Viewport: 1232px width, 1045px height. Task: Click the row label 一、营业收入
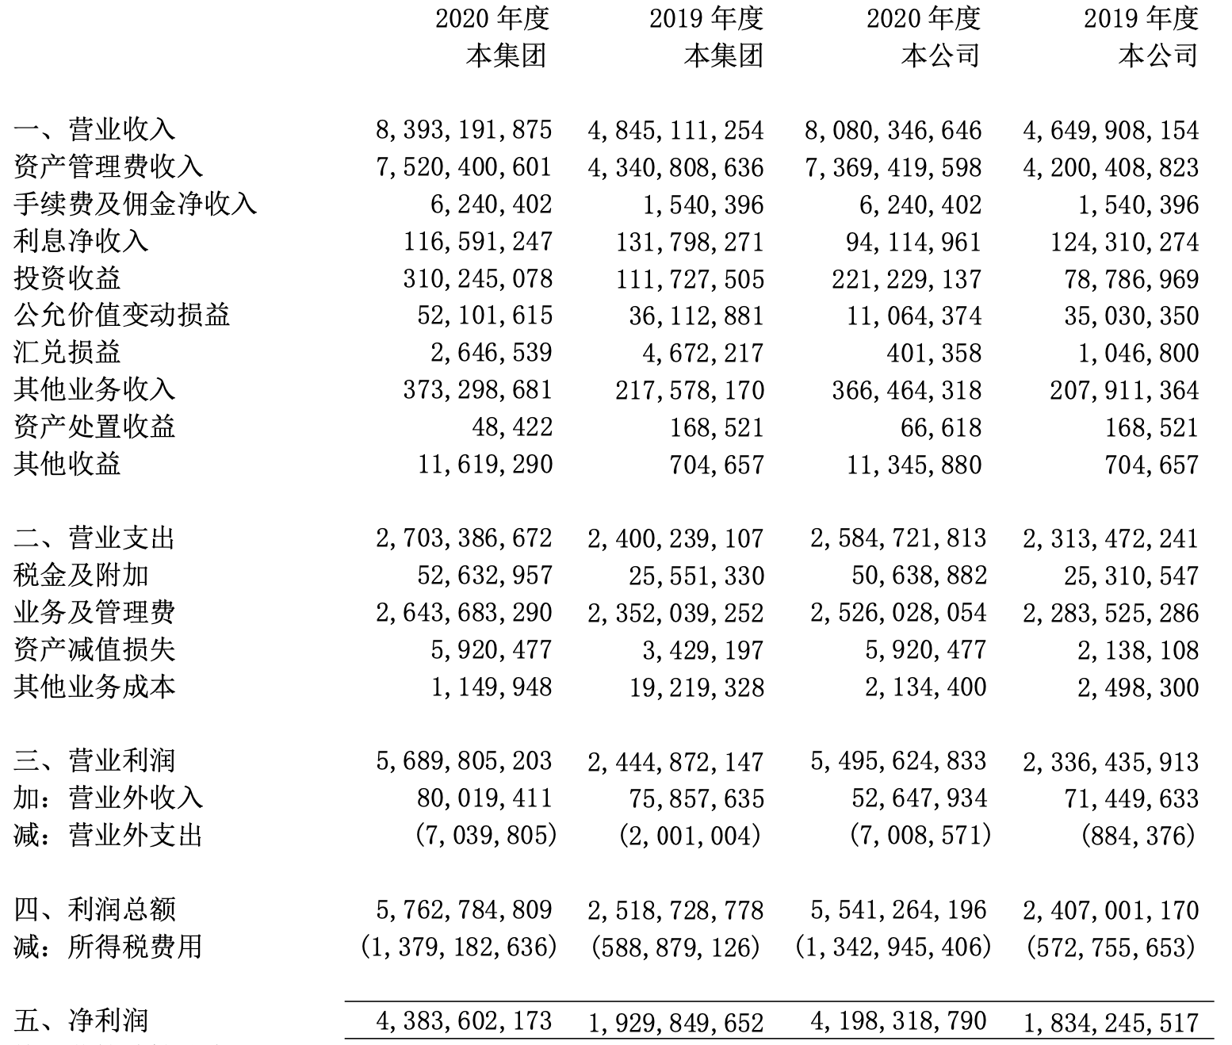pos(94,129)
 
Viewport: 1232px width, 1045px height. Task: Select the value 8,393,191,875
pos(464,130)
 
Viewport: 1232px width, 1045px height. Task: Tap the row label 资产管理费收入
pos(108,167)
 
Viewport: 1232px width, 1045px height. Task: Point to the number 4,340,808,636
pos(675,167)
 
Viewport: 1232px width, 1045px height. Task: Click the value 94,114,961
pos(913,242)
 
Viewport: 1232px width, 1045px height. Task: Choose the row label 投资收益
pos(67,278)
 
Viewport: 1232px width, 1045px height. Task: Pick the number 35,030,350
pos(1131,316)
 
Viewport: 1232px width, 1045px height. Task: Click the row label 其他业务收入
pos(94,389)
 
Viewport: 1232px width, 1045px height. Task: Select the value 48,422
pos(512,427)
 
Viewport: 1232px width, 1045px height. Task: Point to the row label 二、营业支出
pos(94,538)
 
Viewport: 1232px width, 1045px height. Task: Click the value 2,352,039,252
pos(675,613)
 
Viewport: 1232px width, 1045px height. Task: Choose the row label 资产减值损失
pos(94,650)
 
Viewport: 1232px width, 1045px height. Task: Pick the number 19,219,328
pos(697,687)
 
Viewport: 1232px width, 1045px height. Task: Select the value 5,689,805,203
pos(464,761)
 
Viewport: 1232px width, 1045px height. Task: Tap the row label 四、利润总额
pos(94,909)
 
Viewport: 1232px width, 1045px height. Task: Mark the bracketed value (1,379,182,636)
pos(458,947)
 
